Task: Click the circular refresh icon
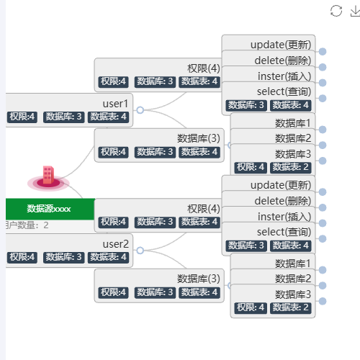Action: click(336, 11)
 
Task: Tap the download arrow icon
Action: click(356, 12)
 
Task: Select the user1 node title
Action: click(115, 104)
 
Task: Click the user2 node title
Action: click(116, 244)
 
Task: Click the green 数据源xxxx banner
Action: click(50, 209)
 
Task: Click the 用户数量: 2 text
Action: click(27, 225)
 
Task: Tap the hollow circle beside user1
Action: click(140, 110)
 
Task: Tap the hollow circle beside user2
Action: click(140, 251)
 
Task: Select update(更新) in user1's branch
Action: click(281, 45)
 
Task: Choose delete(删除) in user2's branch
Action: click(283, 201)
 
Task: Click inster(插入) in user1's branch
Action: click(284, 76)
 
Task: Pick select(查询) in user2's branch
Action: click(284, 232)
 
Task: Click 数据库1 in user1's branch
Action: click(293, 123)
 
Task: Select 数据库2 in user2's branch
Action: click(293, 279)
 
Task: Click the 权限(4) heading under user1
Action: click(204, 68)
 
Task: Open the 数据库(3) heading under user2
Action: click(199, 279)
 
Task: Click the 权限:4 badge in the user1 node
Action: click(22, 117)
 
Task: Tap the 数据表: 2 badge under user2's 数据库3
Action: click(291, 307)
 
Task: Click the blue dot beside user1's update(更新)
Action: click(323, 52)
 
